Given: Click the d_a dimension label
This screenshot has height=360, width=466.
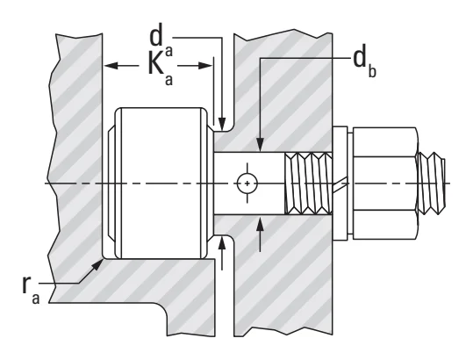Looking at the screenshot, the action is coord(161,42).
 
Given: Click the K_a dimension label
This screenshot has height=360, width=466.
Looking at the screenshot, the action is coord(161,69).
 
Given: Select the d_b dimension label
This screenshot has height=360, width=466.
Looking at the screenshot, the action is coord(364,63).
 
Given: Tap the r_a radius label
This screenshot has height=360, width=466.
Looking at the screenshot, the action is coord(31,289).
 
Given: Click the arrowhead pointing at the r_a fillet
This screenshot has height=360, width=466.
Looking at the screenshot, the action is coord(98,264).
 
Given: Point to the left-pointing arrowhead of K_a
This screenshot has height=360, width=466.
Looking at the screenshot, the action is coord(111,65).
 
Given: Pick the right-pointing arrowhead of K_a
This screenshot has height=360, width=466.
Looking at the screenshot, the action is coord(205,65).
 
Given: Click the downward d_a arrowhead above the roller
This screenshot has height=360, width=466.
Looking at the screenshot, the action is coord(222,123).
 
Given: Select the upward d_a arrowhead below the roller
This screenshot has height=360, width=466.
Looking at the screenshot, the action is coord(222,242).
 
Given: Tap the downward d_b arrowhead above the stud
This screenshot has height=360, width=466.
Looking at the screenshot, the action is coord(261,145).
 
